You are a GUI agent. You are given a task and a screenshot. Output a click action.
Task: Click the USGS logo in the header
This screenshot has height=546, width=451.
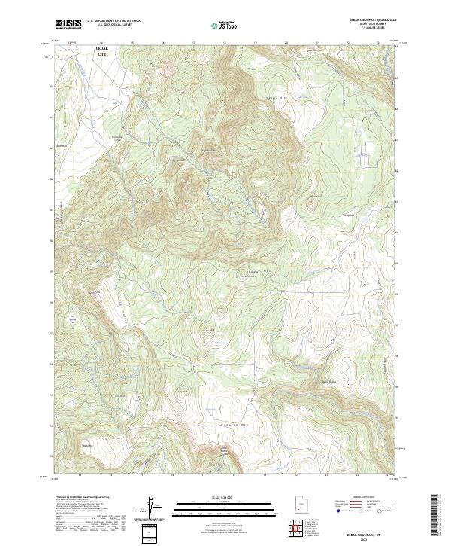69,24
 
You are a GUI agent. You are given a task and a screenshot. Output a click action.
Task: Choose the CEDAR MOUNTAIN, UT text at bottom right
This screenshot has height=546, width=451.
370,532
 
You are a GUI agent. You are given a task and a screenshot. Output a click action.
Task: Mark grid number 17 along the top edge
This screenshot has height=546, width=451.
193,42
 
